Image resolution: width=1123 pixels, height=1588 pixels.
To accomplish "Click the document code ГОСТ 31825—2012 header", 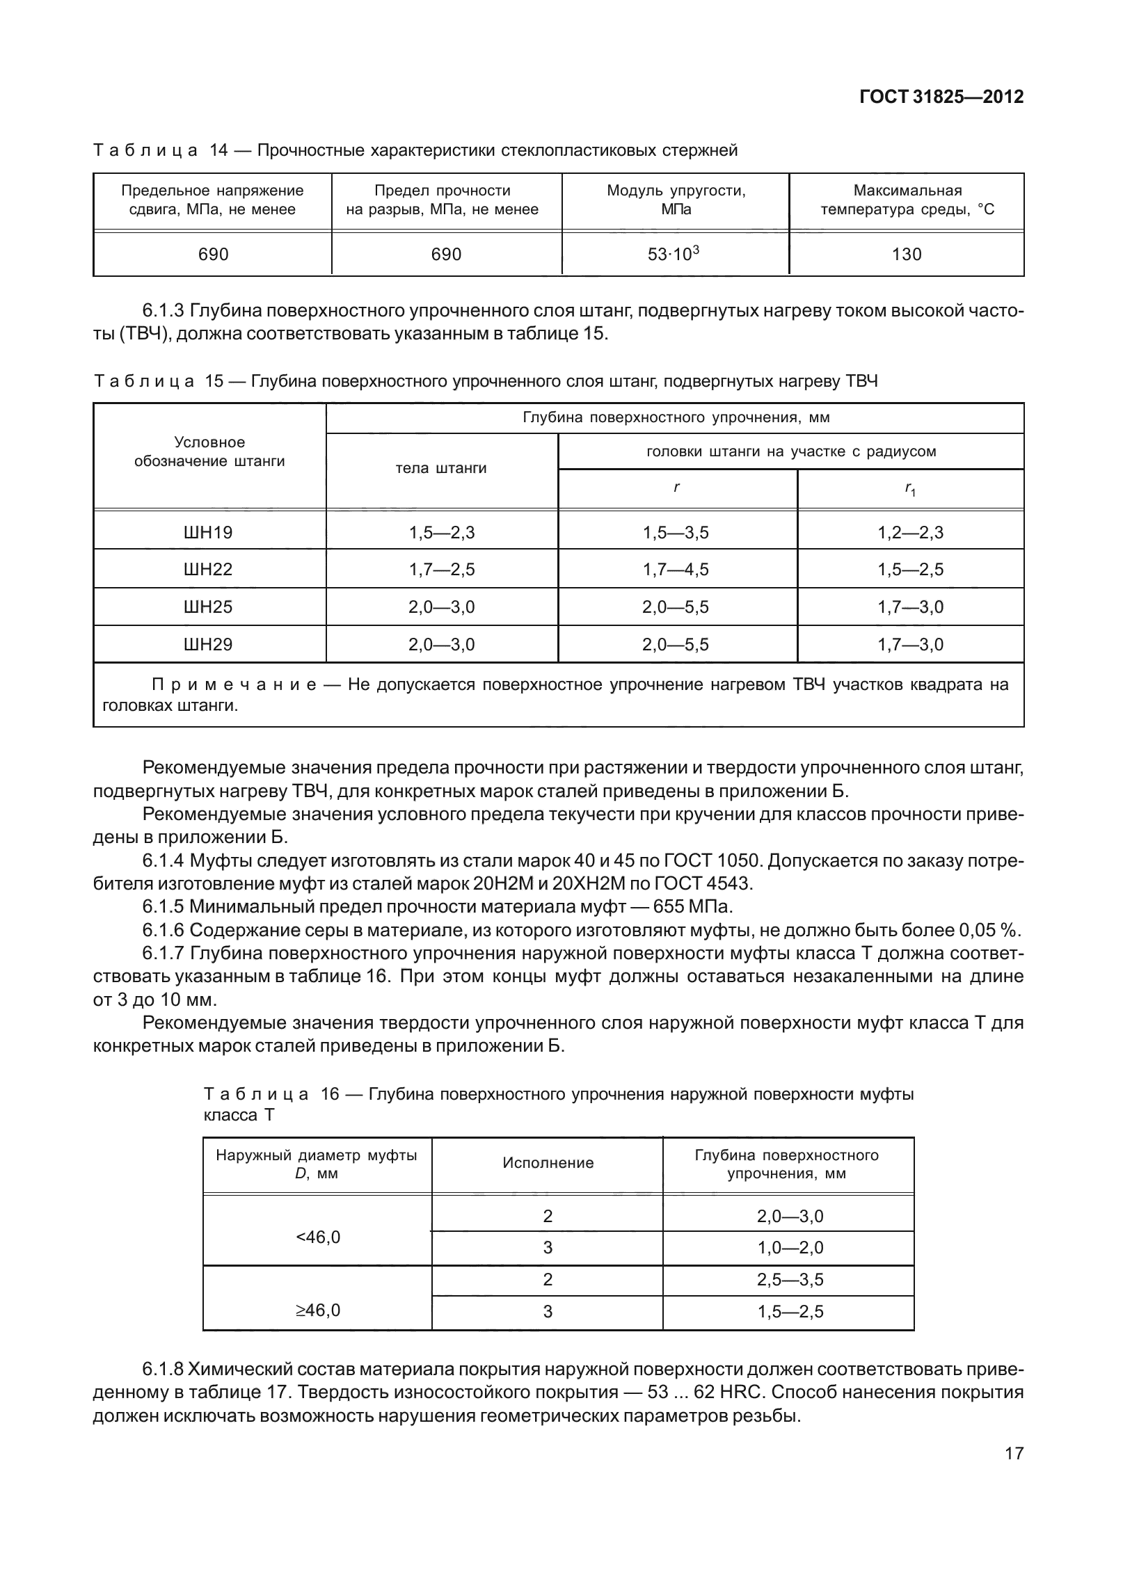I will [941, 97].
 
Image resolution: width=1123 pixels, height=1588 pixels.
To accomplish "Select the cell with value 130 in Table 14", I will [906, 255].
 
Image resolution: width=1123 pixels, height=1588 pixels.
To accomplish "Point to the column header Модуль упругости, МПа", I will [676, 200].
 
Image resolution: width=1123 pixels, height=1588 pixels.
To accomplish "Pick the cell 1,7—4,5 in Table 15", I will [675, 570].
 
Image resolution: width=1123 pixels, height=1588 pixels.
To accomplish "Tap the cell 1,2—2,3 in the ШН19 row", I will [910, 533].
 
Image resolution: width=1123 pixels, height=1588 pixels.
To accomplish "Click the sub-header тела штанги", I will [440, 468].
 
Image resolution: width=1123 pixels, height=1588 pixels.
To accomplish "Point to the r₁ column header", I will [910, 490].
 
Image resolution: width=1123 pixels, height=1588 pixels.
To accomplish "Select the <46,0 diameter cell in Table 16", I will [318, 1237].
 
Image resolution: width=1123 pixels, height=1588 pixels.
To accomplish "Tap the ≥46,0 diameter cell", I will [318, 1310].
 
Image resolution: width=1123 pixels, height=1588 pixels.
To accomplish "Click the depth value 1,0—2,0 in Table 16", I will [790, 1248].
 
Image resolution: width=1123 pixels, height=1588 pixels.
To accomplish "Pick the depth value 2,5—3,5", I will [790, 1280].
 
